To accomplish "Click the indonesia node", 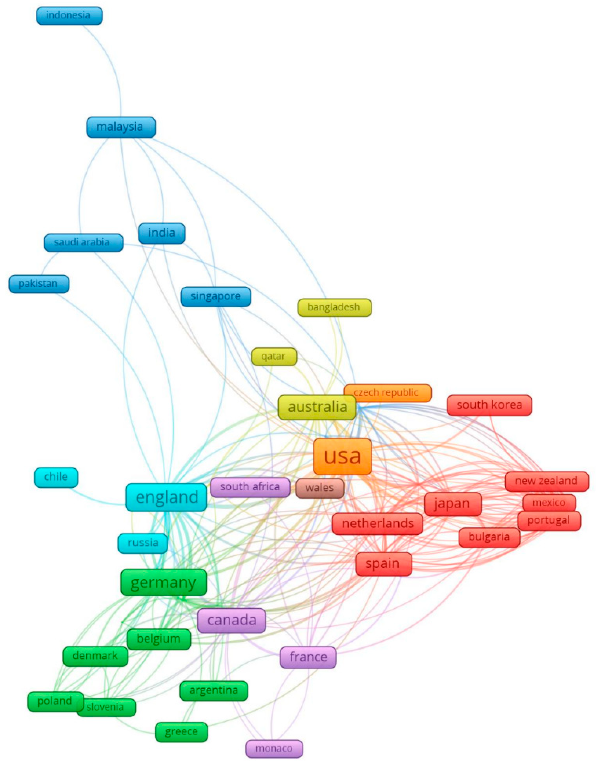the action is coord(69,16).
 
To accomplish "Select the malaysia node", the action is coord(121,127).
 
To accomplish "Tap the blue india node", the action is coord(162,233).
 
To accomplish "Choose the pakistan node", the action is coord(39,284).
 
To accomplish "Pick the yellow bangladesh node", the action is coord(334,308).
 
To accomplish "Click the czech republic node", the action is coord(387,393).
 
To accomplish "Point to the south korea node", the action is coord(489,405).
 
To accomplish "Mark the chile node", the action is coord(56,477).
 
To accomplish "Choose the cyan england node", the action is coord(166,497).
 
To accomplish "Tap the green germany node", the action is coord(163,582).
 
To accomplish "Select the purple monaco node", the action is coord(274,749).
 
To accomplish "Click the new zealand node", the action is coord(546,481).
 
